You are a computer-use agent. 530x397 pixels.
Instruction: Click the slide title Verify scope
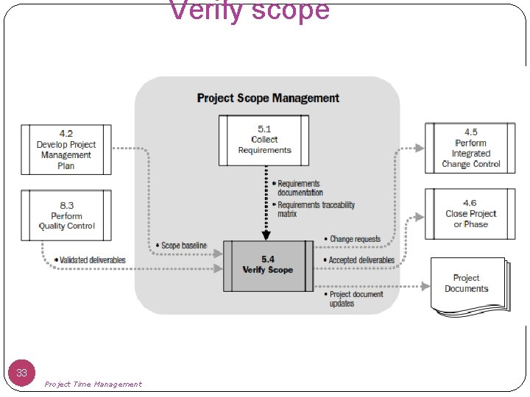[250, 11]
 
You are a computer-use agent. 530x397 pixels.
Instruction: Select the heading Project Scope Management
[268, 98]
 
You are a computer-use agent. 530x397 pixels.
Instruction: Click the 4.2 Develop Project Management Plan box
[66, 149]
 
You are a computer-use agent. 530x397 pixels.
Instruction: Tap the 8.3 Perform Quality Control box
[66, 216]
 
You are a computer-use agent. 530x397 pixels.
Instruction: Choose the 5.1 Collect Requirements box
[264, 140]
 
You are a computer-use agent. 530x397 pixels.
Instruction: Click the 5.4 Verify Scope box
[268, 265]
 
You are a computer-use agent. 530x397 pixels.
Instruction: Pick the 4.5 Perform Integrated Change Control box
[470, 149]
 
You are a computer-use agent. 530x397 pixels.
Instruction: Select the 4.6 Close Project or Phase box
[470, 214]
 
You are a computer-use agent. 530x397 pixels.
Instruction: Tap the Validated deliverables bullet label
[91, 260]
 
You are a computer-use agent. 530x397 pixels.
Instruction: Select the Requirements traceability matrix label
[314, 210]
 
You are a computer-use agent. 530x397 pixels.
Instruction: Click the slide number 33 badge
[22, 373]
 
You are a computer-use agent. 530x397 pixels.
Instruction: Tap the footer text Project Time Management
[93, 384]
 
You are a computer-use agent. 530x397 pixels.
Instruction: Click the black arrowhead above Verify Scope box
[266, 236]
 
